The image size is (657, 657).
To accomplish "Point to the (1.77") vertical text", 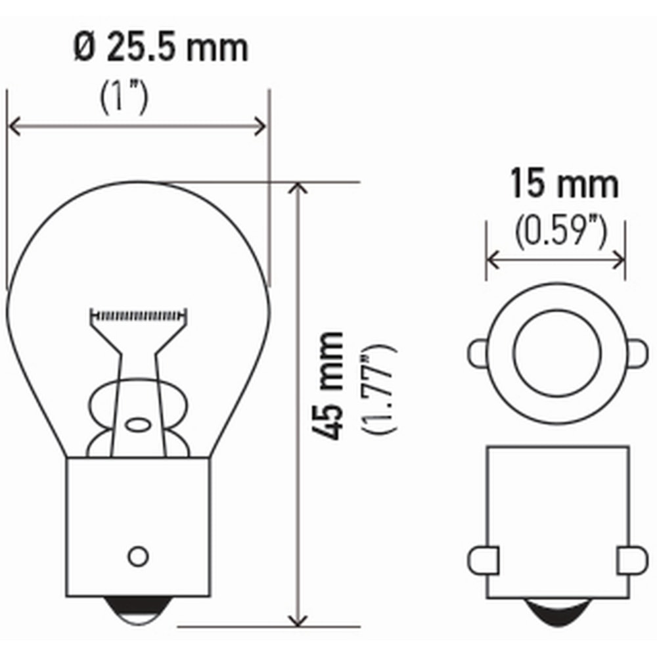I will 379,388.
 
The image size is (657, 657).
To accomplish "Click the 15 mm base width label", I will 564,185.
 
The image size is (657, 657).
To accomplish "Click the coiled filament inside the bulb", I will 139,315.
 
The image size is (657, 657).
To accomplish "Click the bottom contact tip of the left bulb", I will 138,608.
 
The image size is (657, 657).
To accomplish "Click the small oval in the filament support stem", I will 138,424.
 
